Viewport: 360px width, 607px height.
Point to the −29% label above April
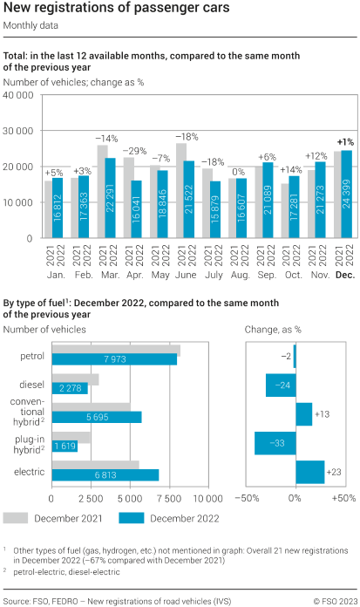click(x=132, y=151)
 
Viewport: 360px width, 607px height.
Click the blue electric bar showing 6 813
click(x=105, y=475)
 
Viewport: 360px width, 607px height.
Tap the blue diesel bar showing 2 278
click(x=70, y=388)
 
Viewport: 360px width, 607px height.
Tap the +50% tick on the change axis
click(x=343, y=498)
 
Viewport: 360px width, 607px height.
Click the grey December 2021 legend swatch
click(x=17, y=518)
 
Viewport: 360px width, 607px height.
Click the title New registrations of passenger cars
click(x=117, y=9)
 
